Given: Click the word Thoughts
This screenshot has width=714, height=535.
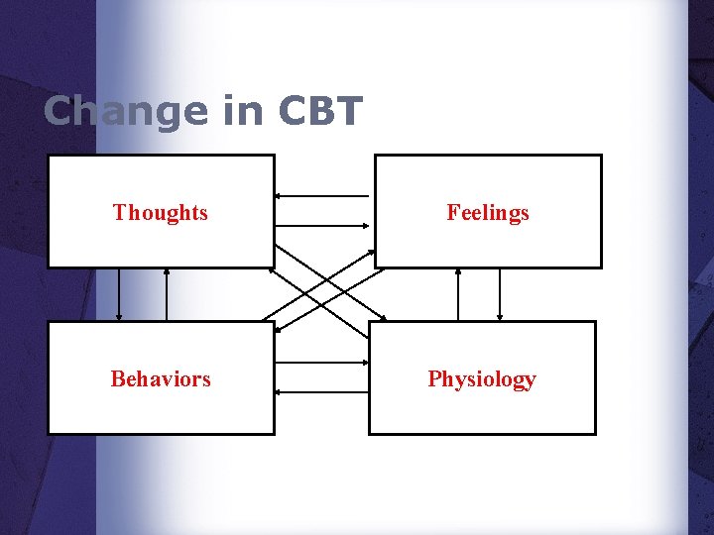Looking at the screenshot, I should pos(160,212).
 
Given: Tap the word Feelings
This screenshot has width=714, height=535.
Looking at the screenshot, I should pos(487,212).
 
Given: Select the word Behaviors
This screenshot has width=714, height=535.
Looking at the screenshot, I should pos(161,378).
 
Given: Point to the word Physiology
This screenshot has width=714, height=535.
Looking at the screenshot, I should pos(482,379).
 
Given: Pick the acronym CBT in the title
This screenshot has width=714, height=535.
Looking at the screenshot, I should pos(320,112).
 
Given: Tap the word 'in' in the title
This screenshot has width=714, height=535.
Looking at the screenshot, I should pos(242,112).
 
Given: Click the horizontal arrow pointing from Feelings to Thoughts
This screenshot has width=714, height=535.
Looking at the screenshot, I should pos(323,195).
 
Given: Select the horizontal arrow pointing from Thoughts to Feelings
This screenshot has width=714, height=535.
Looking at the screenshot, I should pos(323,227).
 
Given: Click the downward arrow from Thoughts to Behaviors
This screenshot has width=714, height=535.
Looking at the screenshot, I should pos(119,294).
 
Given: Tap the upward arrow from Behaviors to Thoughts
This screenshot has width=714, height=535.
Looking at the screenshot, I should pos(167,294).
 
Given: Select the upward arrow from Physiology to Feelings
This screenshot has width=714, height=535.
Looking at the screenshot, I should pos(458,294).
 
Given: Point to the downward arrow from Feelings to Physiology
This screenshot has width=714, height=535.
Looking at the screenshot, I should pos(500,294).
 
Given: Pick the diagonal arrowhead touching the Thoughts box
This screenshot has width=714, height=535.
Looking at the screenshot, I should pos(278,251).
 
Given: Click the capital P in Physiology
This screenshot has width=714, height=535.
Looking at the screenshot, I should pos(434,378).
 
